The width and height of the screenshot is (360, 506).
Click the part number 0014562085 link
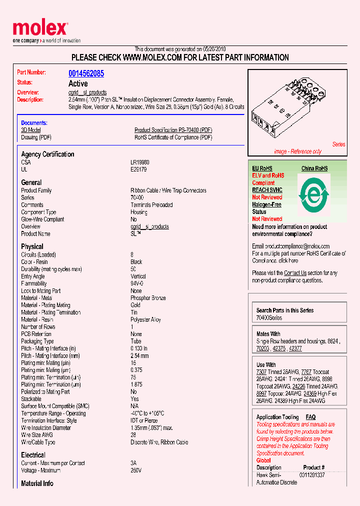[86, 73]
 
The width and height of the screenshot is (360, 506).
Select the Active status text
[78, 83]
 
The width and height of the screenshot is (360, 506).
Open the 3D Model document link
[30, 130]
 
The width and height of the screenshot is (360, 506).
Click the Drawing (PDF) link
[36, 137]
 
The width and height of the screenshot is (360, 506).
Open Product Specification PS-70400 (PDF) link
[173, 130]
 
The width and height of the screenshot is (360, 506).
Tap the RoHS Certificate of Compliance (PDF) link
[173, 137]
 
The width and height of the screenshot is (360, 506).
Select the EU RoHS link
[262, 168]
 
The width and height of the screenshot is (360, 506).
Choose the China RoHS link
[314, 168]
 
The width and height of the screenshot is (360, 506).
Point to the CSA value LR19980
[139, 162]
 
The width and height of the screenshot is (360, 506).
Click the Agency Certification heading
[47, 154]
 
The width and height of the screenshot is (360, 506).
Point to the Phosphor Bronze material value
[148, 298]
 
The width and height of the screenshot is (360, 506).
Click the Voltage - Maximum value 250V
[136, 470]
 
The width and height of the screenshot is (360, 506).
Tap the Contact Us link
[295, 273]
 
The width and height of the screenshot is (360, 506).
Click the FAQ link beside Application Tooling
[310, 417]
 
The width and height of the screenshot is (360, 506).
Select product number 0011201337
[312, 474]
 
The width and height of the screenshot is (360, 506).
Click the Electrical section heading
[33, 455]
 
